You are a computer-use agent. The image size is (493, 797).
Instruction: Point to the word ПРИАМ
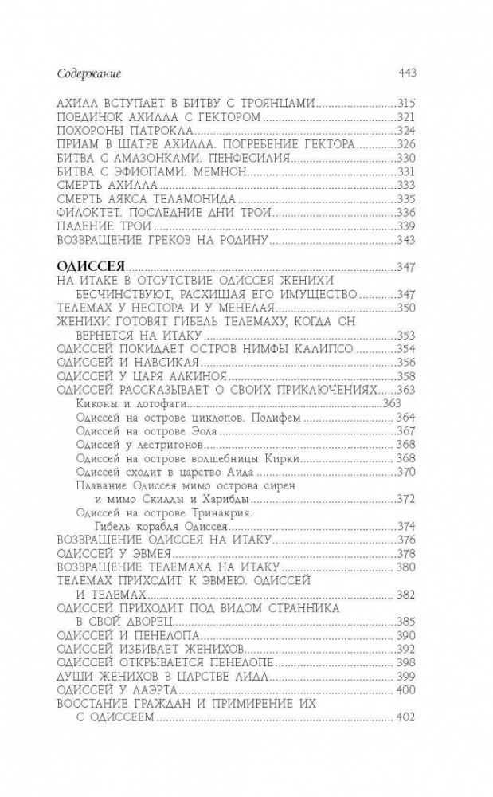pos(82,145)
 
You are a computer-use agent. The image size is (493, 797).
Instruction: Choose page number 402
pos(407,717)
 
